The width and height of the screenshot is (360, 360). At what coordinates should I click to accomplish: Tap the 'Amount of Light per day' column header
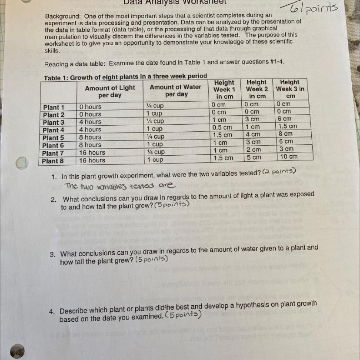coord(110,91)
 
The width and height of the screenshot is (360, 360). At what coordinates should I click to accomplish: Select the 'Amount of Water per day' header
coord(175,90)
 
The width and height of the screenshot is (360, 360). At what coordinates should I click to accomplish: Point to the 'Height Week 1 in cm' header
coord(224,89)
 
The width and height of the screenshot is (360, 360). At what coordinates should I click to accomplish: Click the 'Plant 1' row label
coord(53,107)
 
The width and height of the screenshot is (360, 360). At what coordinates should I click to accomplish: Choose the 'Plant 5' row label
coord(53,138)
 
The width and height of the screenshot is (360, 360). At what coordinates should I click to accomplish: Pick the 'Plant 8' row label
coord(53,161)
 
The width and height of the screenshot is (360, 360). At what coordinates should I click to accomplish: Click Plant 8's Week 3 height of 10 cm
coord(289,157)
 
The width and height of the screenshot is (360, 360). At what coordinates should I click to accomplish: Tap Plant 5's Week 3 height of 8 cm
coord(286,134)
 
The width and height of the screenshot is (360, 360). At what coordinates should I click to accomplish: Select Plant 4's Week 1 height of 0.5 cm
coord(222,127)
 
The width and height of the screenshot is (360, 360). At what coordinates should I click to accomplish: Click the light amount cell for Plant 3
coord(90,122)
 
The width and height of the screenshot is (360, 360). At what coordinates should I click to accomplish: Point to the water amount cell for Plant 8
coord(154,160)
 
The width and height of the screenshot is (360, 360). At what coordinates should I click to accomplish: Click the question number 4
coord(52,312)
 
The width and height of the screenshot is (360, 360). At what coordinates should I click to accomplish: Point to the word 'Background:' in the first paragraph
coord(61,16)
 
